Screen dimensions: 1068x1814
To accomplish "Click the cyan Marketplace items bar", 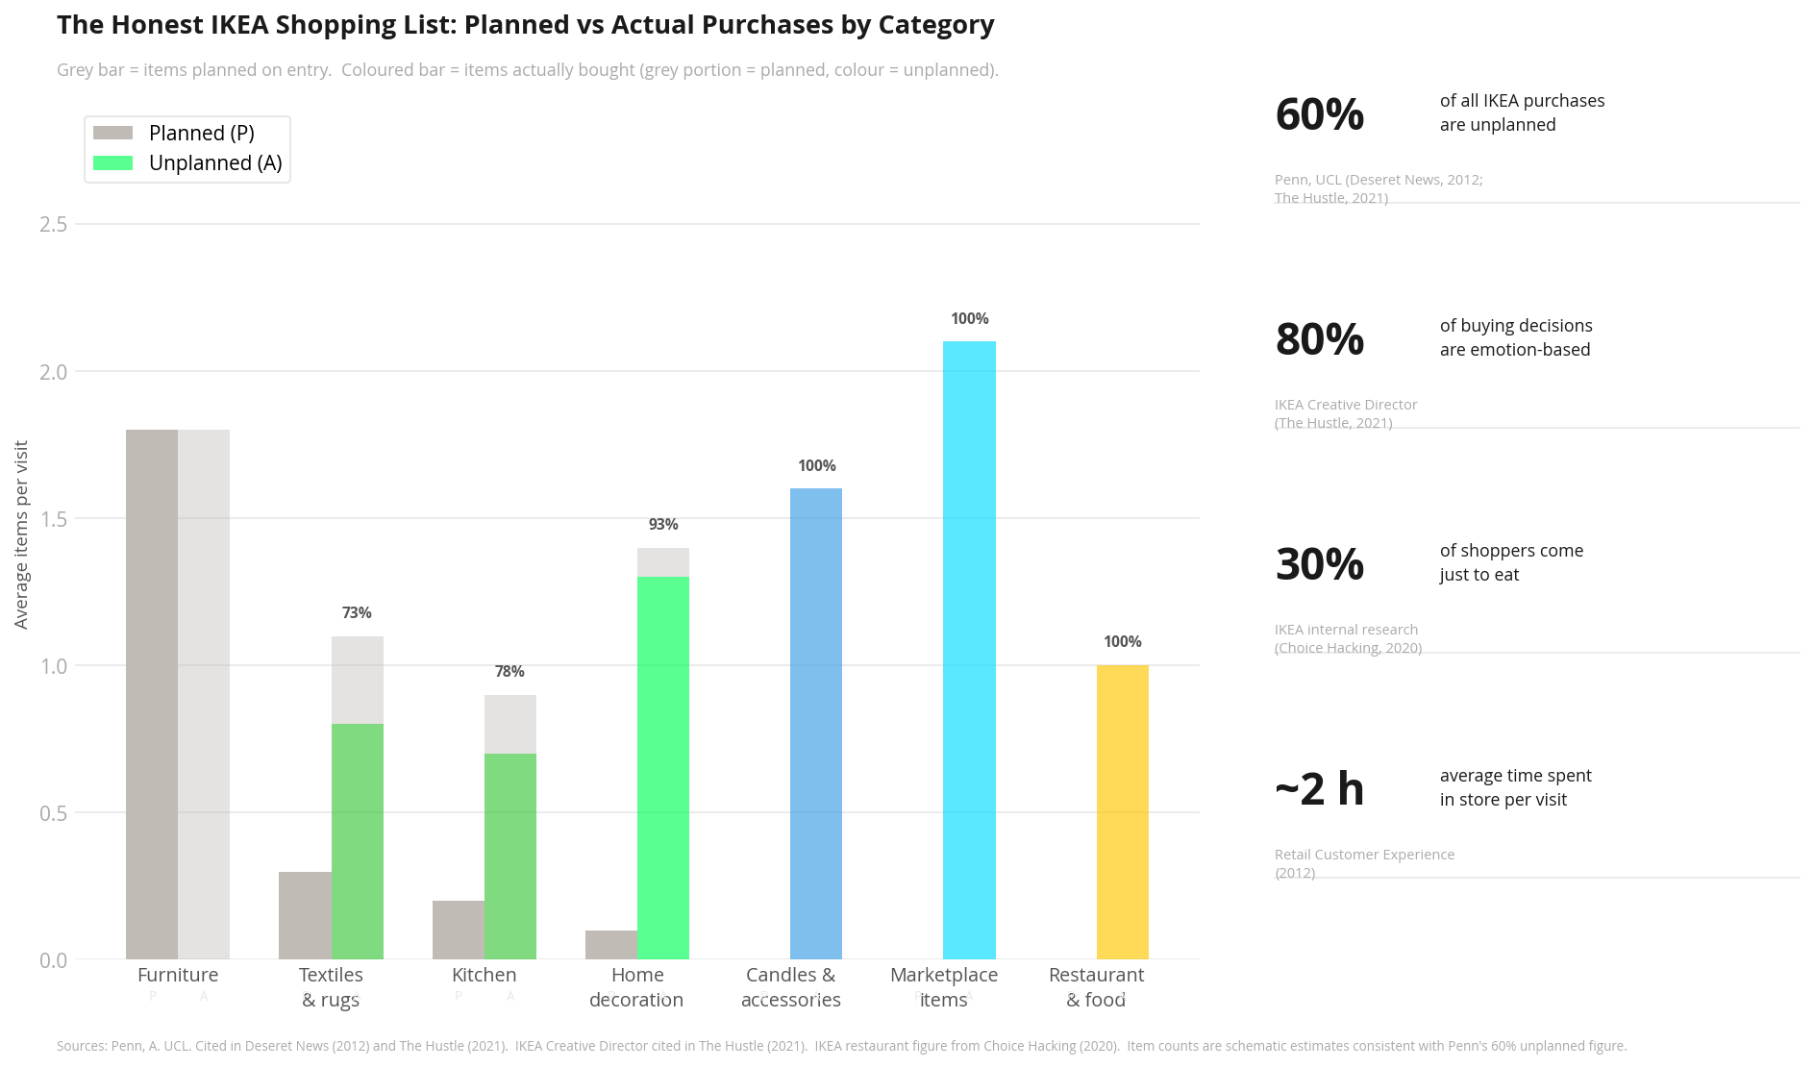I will tap(969, 650).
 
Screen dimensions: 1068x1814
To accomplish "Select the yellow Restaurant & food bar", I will tap(1122, 812).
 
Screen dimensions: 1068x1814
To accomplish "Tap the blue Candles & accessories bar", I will tap(816, 724).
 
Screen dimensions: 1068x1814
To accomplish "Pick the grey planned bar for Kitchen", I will tap(459, 930).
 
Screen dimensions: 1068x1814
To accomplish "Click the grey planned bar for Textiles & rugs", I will tap(305, 915).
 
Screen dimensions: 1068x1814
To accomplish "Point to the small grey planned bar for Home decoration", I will tap(611, 944).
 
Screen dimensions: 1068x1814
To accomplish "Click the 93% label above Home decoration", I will tap(663, 524).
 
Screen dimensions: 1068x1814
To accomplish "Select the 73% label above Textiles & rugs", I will tap(357, 612).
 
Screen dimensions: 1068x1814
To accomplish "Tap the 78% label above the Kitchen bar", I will tap(509, 671).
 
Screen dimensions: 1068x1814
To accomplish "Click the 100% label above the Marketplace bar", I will tap(969, 318).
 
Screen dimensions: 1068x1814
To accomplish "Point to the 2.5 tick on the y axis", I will tap(54, 224).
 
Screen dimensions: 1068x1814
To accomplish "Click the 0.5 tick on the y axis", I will tap(54, 813).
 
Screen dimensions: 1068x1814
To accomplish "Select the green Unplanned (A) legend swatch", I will tap(112, 163).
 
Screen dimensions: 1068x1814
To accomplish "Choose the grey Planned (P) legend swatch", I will tap(112, 133).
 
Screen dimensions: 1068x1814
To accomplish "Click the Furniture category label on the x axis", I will tap(178, 975).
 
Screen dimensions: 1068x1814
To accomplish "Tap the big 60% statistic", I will tap(1319, 114).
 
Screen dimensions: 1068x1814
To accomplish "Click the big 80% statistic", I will tap(1319, 339).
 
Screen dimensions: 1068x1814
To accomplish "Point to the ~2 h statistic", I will tap(1319, 789).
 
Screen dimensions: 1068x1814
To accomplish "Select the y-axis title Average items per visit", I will tap(21, 534).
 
